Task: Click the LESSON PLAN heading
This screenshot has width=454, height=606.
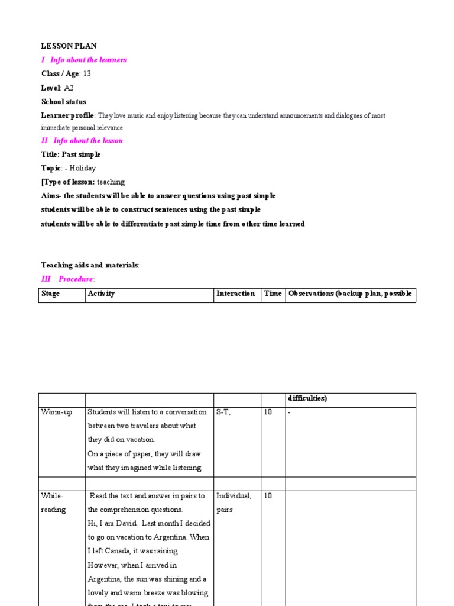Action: [x=69, y=46]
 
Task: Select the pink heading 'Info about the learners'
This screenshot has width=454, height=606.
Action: [x=88, y=60]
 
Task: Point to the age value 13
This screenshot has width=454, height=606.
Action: [x=87, y=73]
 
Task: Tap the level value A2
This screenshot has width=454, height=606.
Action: [x=69, y=88]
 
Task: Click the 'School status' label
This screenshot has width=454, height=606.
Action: [x=64, y=102]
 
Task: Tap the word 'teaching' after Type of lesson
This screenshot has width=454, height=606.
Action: [x=111, y=182]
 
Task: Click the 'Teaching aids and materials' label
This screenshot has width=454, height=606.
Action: [x=90, y=265]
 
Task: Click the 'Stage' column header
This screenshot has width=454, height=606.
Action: [x=50, y=294]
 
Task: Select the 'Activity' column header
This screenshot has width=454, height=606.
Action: [x=101, y=294]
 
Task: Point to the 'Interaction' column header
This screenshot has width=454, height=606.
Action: [x=236, y=294]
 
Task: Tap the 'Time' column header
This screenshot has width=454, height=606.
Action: [x=273, y=294]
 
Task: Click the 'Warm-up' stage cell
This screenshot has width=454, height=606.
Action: [x=56, y=412]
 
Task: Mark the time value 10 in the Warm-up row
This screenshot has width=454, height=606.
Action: [x=268, y=412]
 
